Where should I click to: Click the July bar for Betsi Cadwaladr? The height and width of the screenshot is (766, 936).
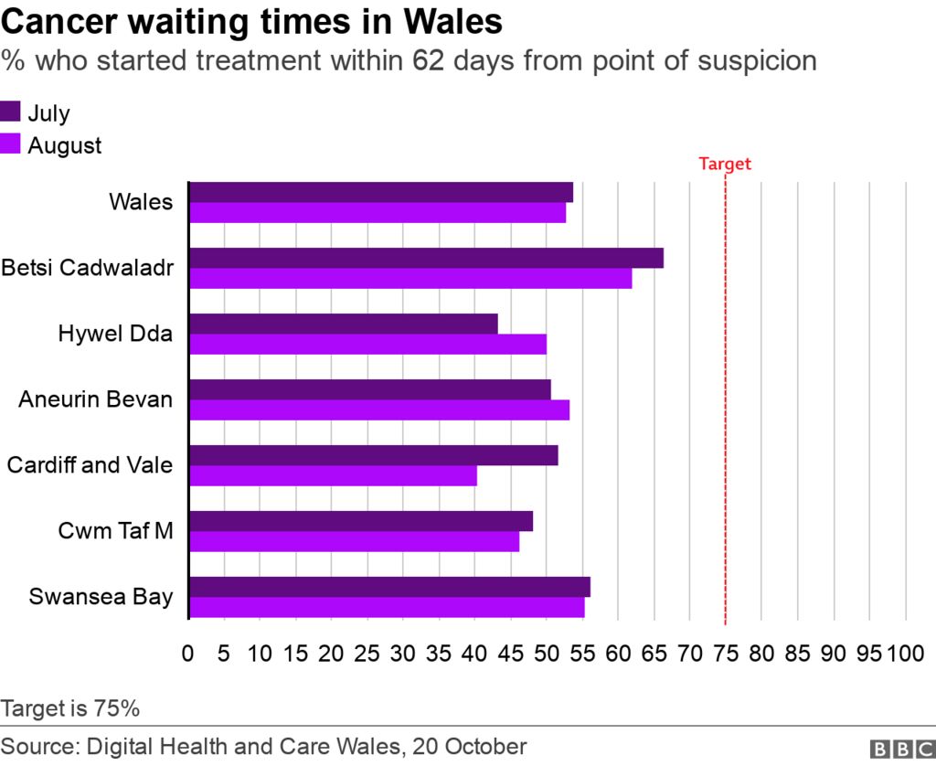coord(426,259)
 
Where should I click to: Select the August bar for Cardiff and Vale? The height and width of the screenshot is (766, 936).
coord(333,476)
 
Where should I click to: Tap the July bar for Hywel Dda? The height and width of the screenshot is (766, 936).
coord(344,324)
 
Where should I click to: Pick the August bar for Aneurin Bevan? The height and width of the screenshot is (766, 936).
coord(379,410)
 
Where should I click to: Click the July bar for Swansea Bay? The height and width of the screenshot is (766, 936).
coord(389,587)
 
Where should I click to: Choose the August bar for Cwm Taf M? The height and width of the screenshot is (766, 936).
coord(354,542)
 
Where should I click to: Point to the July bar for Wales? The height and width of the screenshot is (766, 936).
coord(381,192)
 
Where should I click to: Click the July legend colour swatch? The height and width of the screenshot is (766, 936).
coord(11,113)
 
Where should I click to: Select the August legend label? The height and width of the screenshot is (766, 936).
coord(65,145)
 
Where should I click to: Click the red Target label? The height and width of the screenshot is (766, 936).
coord(724,165)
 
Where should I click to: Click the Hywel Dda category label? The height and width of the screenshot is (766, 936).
coord(114,334)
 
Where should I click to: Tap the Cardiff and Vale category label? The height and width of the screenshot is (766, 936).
coord(90,465)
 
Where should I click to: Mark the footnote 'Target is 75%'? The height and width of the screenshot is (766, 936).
coord(70,708)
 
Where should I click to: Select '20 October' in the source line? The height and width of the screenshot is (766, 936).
coord(469,746)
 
